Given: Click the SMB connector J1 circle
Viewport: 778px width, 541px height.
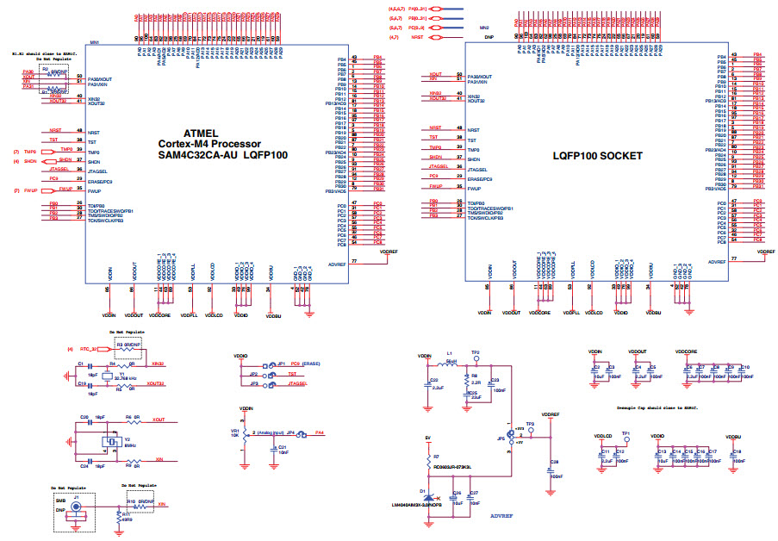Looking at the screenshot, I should click(77, 508).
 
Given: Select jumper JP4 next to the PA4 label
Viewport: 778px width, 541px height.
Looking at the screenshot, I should click(293, 433).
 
